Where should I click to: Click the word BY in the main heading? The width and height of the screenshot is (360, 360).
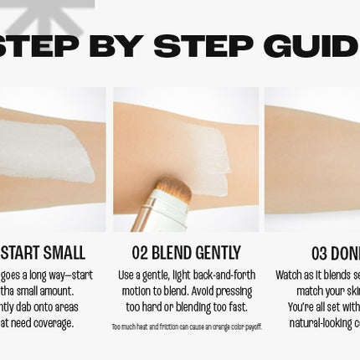117,46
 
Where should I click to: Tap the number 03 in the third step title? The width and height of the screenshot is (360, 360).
319,253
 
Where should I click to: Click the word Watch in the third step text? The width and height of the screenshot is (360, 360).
291,275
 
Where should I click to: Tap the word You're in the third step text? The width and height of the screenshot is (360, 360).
302,307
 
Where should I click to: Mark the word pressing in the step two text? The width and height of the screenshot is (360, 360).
233,291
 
